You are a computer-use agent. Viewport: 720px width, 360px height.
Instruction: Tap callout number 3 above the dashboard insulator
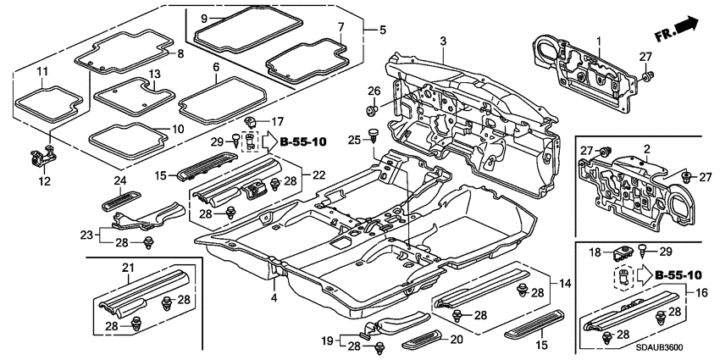click(443, 42)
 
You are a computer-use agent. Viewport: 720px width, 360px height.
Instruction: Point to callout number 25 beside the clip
click(355, 137)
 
